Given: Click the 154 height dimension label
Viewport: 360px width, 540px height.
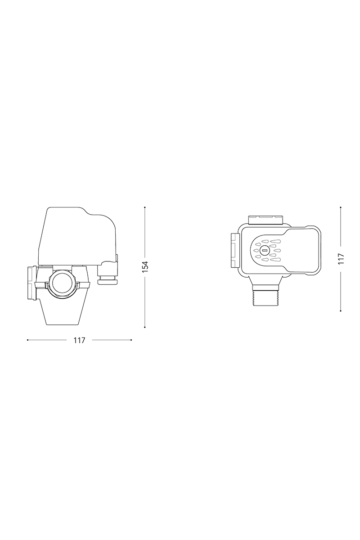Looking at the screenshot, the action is [145, 267].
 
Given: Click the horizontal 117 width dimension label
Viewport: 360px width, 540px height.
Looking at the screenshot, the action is [79, 340].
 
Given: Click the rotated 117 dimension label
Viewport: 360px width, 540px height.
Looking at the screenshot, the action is [341, 259].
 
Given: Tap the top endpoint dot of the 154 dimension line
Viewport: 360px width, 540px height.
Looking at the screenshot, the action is [145, 207].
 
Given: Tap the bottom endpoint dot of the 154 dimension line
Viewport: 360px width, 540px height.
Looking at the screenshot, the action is [145, 327].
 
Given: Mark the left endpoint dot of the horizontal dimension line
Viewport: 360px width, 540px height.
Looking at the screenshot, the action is [28, 340].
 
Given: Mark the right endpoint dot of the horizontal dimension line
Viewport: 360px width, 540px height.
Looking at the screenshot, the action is [131, 340].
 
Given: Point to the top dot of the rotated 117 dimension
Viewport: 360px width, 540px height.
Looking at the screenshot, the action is [341, 207].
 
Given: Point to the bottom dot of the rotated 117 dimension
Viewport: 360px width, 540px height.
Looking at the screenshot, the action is [341, 311].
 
